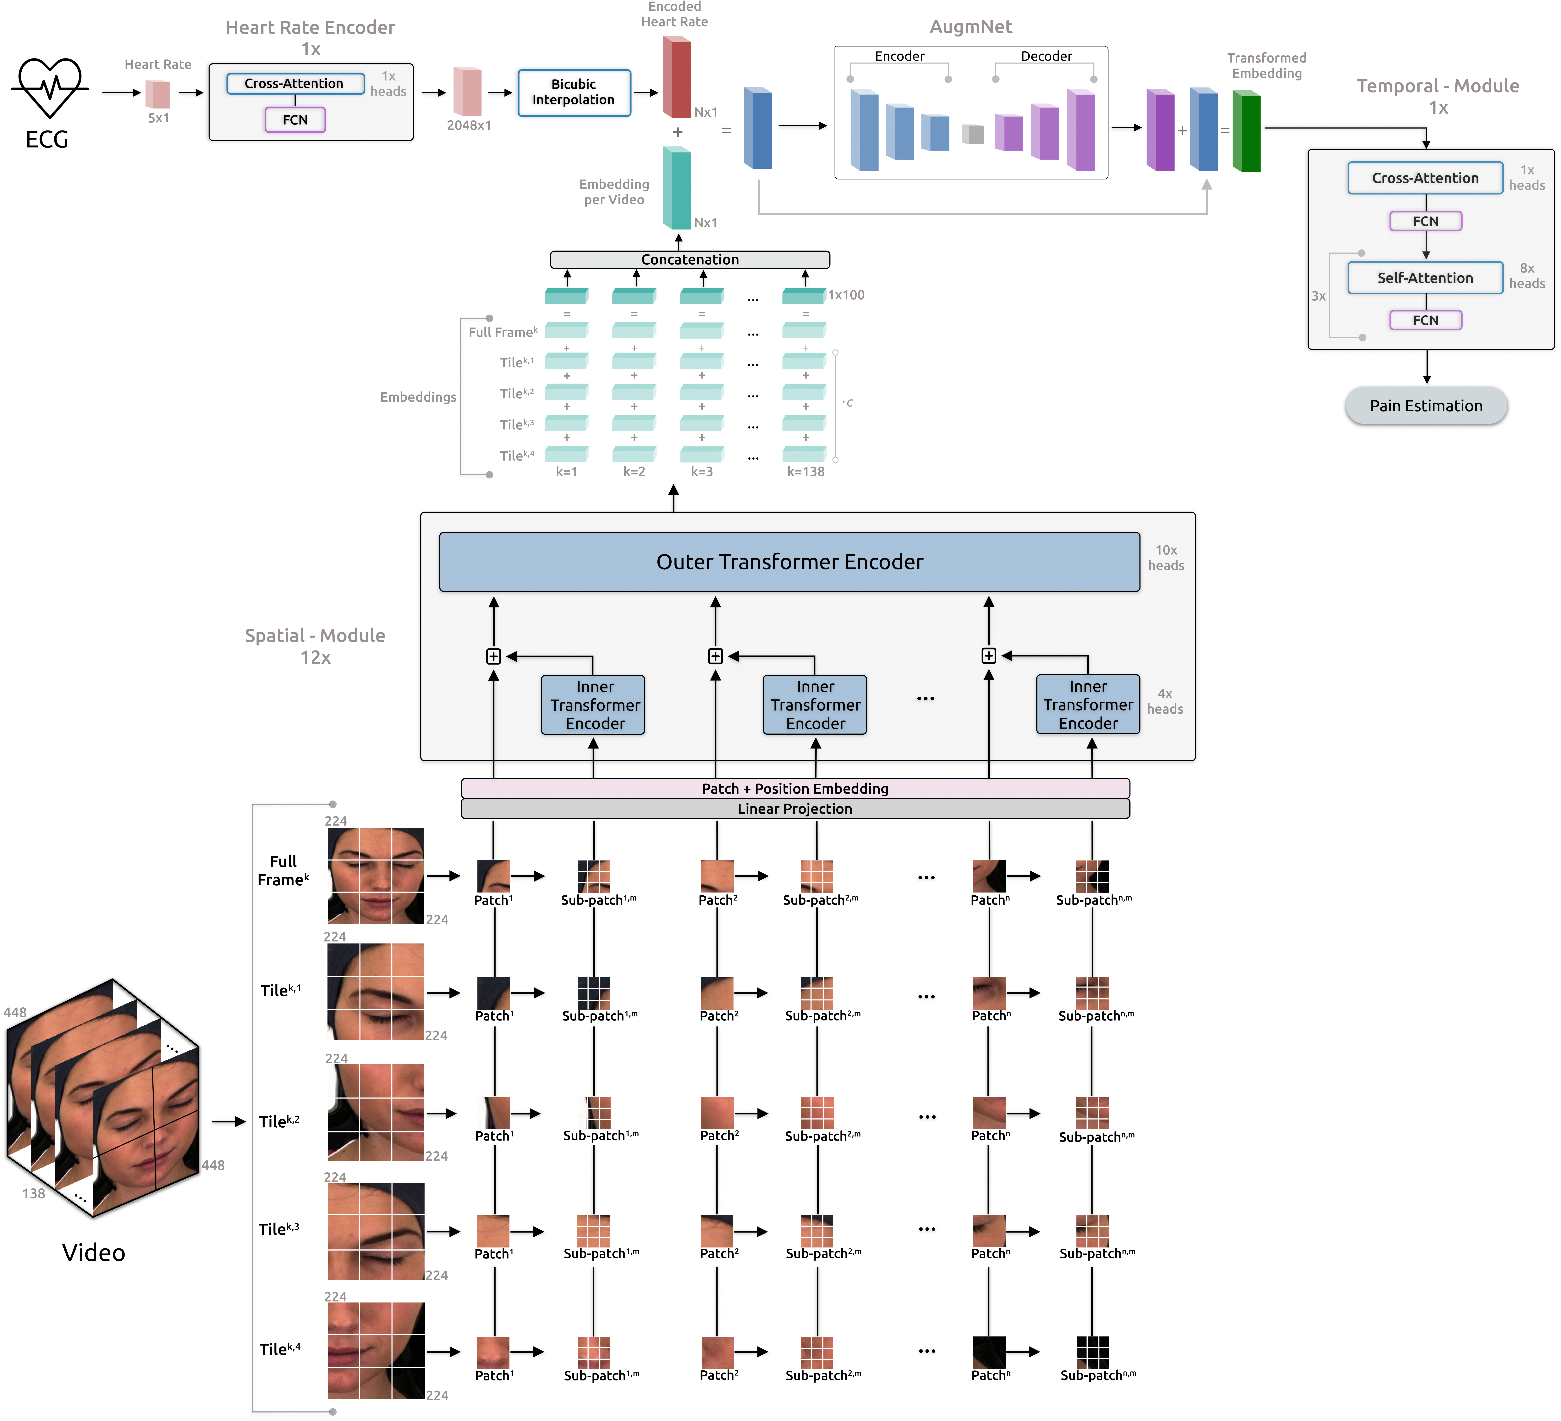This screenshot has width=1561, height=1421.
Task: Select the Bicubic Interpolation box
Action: [x=574, y=92]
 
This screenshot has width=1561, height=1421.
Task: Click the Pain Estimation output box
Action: [x=1426, y=406]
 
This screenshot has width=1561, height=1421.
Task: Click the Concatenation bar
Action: [x=689, y=259]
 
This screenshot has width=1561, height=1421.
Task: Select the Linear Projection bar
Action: [x=794, y=809]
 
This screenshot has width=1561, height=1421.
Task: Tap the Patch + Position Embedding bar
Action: [x=794, y=788]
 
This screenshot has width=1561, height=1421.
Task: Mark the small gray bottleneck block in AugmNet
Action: [x=973, y=134]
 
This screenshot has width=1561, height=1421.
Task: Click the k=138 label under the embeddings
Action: [x=805, y=472]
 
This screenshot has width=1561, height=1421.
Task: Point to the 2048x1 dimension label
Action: [x=469, y=125]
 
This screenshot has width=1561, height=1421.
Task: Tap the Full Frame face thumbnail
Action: [x=376, y=876]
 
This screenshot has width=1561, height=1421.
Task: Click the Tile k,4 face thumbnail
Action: [x=376, y=1351]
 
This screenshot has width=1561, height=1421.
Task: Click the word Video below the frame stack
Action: [x=94, y=1252]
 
